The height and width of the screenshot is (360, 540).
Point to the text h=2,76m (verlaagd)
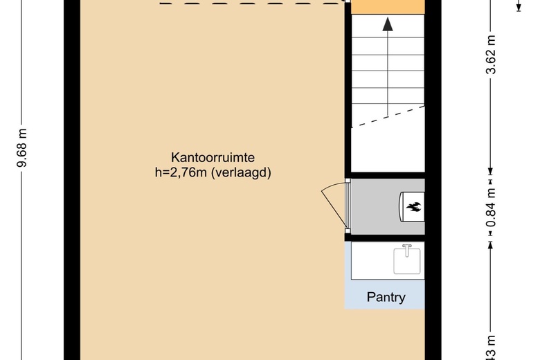tap(213, 173)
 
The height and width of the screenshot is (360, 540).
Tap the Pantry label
tap(386, 298)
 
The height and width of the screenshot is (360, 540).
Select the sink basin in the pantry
tap(407, 262)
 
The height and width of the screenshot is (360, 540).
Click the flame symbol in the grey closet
tap(414, 206)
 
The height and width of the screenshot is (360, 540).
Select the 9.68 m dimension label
tap(22, 148)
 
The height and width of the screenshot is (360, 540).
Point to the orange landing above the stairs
tap(388, 6)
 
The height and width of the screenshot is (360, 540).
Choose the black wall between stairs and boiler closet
tap(386, 174)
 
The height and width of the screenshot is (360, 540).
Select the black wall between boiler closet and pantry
tap(386, 237)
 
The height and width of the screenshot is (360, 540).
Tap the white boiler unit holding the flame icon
tap(413, 206)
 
